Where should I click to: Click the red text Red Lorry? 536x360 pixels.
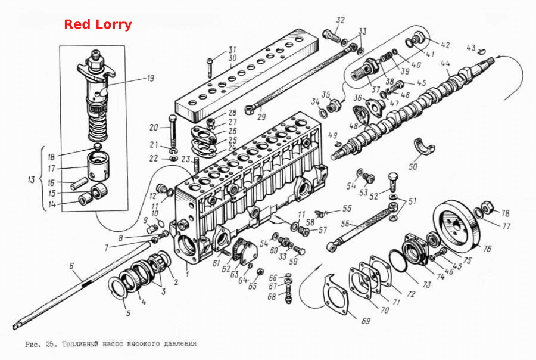98,24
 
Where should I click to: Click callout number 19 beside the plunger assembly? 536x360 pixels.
151,78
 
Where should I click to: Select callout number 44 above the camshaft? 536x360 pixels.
445,64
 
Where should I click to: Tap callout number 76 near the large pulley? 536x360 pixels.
487,249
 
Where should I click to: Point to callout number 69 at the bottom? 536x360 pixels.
366,321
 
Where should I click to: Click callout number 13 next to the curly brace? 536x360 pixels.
31,179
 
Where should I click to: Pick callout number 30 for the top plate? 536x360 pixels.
232,58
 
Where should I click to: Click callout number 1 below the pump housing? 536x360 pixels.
187,274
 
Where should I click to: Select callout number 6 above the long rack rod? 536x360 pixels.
71,266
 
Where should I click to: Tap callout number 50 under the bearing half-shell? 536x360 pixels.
413,167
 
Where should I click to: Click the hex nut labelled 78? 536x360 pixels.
486,208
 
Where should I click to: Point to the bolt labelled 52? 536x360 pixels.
393,181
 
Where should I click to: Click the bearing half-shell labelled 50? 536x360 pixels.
424,146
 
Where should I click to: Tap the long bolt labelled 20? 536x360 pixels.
172,132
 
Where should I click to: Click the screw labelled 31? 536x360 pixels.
210,67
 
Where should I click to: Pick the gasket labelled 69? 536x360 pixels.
336,295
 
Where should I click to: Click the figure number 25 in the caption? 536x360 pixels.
49,344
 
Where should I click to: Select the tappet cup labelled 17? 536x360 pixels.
98,166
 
